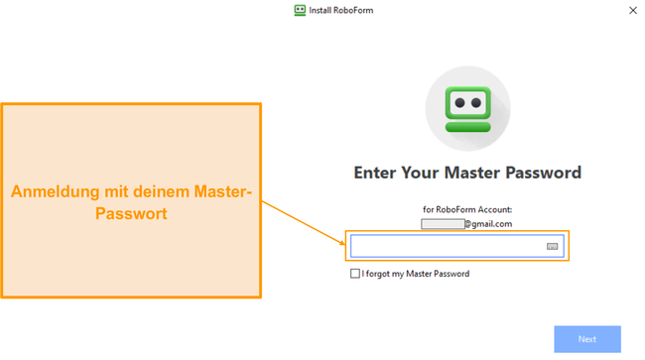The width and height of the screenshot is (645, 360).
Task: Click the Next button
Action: click(x=587, y=339)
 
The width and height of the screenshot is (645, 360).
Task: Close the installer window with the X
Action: click(x=633, y=11)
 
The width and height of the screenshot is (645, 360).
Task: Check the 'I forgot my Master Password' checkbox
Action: click(x=355, y=274)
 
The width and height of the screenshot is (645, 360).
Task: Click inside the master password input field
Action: click(x=447, y=246)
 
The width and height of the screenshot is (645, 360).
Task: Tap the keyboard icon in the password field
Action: click(x=553, y=246)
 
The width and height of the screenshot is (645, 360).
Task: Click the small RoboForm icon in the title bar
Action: click(x=300, y=11)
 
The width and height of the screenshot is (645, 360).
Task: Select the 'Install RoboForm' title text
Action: click(x=340, y=11)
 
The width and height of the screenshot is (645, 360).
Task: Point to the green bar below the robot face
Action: click(x=467, y=126)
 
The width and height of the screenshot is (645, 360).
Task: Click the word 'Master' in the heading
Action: click(x=473, y=173)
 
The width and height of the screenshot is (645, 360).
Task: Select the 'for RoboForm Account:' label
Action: click(x=466, y=209)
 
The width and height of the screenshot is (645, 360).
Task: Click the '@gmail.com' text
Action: click(x=489, y=224)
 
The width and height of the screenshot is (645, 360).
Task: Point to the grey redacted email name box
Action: click(x=443, y=224)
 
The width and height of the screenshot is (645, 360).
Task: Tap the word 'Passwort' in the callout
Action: click(x=131, y=212)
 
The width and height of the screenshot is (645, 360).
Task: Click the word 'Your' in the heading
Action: click(x=424, y=173)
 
